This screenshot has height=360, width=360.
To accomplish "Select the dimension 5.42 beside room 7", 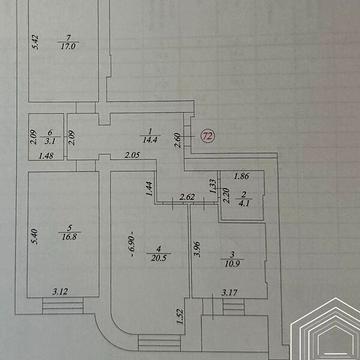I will click(x=33, y=44).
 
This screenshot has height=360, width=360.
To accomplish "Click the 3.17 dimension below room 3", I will click(x=231, y=293).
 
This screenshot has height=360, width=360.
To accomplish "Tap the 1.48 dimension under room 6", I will click(x=46, y=156).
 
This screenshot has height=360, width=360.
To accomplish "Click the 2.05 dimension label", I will click(x=131, y=156).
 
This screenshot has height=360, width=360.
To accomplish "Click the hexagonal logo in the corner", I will click(x=325, y=329).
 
